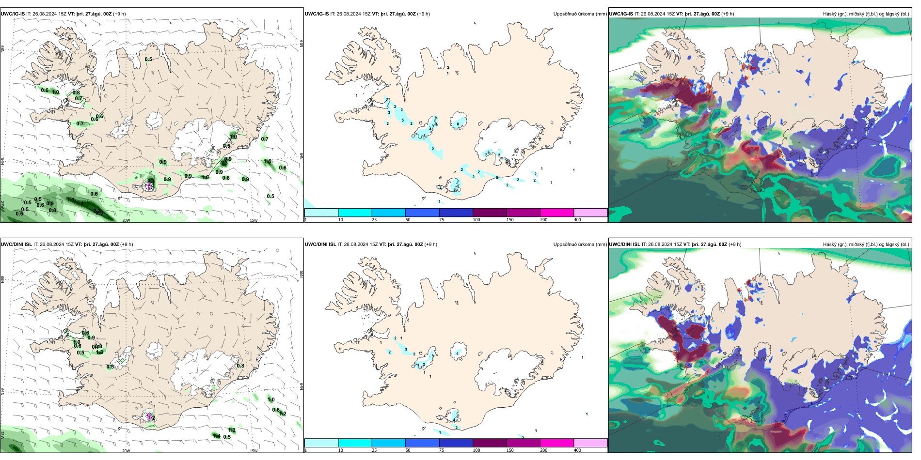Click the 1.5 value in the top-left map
click(268, 162)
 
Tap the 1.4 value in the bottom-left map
click(217, 436)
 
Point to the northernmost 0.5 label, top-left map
click(148, 60)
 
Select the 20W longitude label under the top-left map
click(126, 220)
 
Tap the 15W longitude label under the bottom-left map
click(254, 451)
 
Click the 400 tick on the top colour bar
click(578, 220)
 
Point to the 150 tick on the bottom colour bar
click(510, 450)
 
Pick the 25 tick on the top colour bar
click(374, 220)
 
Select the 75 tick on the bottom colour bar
click(442, 450)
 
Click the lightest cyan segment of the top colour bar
click(321, 213)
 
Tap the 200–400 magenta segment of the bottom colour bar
click(557, 443)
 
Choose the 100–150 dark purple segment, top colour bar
click(490, 213)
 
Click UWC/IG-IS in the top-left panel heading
click(13, 14)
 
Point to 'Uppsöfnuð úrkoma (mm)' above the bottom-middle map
click(580, 245)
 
